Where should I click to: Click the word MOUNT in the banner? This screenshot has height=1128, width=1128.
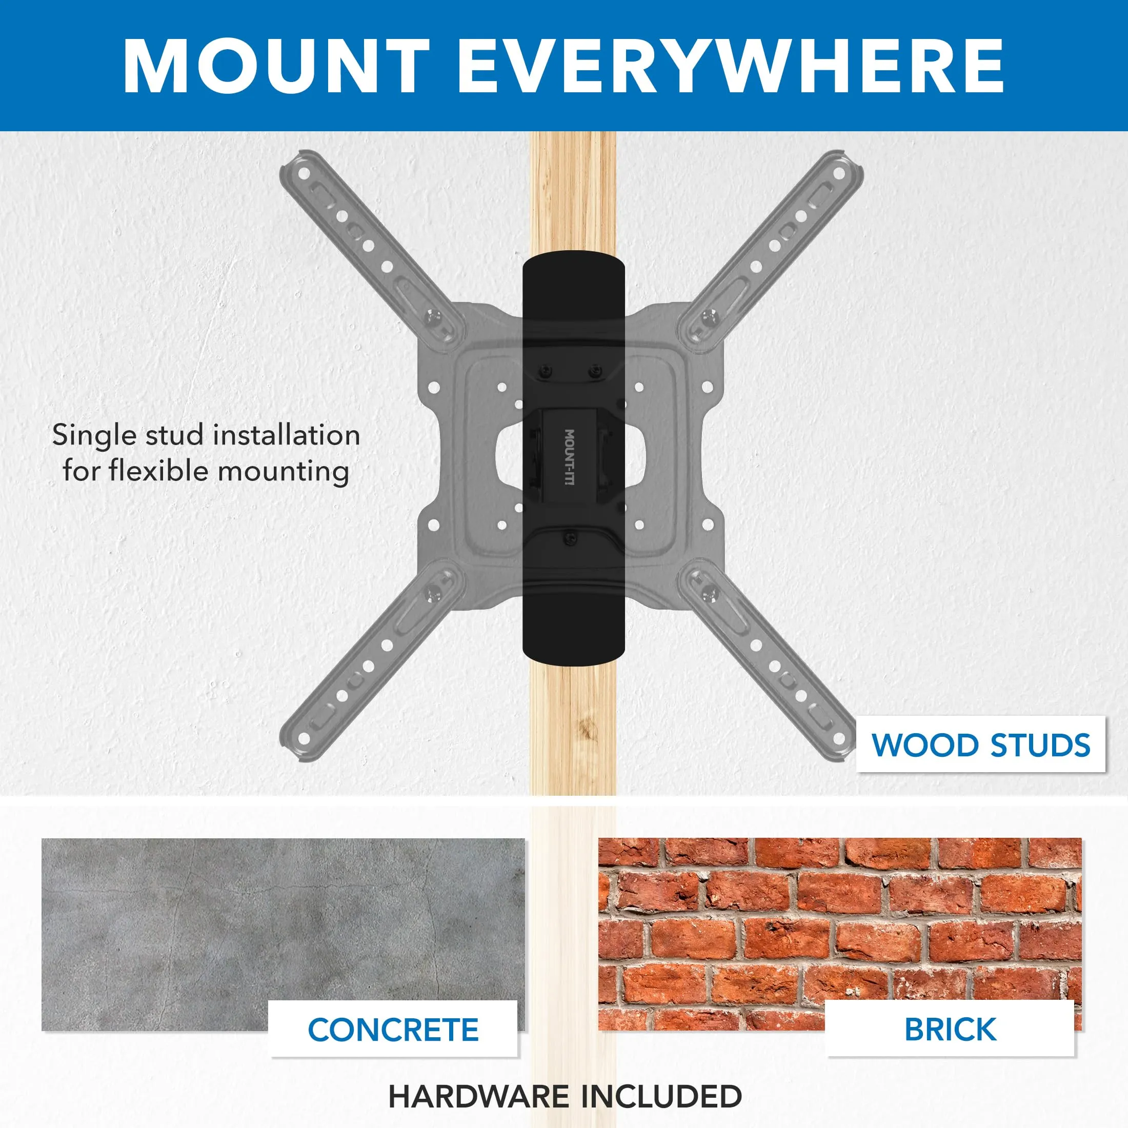pos(277,66)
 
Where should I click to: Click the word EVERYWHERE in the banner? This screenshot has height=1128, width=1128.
pos(731,66)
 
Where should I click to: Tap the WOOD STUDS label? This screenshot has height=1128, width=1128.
pos(981,745)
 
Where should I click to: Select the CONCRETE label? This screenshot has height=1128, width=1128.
pos(393,1030)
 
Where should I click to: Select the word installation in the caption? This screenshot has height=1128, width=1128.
pos(286,435)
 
